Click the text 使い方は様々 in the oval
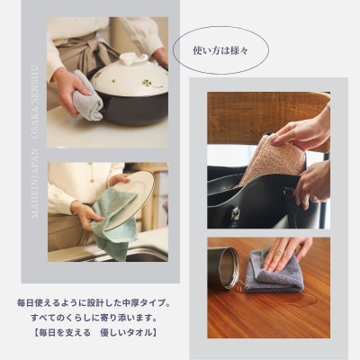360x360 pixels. click(x=220, y=50)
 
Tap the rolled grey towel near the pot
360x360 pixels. click(x=87, y=95)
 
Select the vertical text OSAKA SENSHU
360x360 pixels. click(x=35, y=102)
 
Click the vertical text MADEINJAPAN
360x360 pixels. click(x=35, y=184)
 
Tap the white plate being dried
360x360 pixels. click(x=132, y=199)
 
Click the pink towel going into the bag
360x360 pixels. click(x=272, y=159)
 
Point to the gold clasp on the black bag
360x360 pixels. click(x=236, y=215)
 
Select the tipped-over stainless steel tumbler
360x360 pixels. click(x=224, y=268)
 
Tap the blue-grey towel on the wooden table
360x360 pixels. click(x=273, y=272)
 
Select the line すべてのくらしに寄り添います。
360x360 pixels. click(x=94, y=318)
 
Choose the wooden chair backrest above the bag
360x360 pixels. click(x=267, y=119)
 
